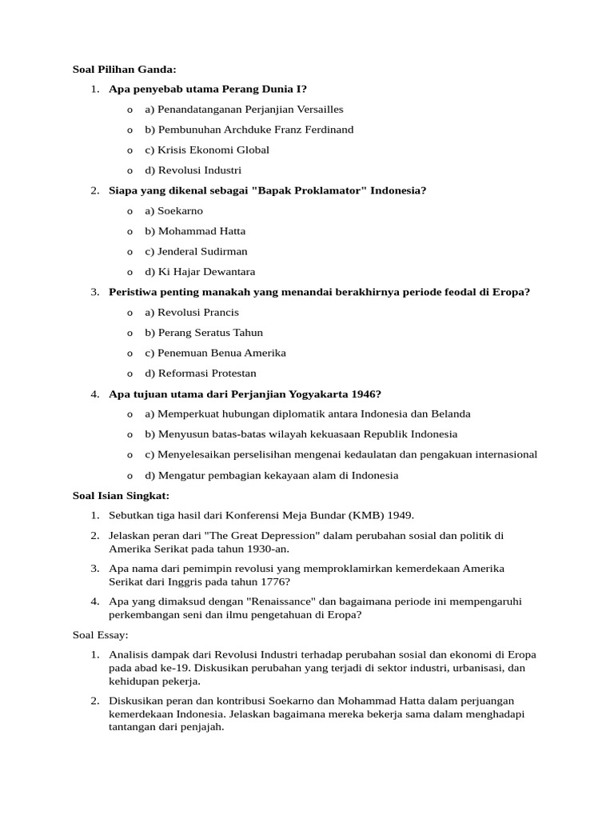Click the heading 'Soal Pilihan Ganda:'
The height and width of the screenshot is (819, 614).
click(x=124, y=70)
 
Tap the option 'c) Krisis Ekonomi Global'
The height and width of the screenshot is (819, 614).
click(x=207, y=150)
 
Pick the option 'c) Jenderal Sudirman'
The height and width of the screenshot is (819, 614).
click(x=196, y=251)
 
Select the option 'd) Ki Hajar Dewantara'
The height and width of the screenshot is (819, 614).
click(x=200, y=272)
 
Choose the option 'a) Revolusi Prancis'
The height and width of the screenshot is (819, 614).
click(x=192, y=312)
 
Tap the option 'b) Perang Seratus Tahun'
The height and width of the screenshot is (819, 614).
click(x=204, y=333)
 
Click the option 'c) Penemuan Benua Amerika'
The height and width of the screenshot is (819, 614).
click(x=215, y=353)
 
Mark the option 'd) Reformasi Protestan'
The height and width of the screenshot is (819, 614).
click(x=201, y=374)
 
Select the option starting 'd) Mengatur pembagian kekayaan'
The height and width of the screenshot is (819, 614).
click(x=271, y=475)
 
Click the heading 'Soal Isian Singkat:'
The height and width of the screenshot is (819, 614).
click(x=121, y=496)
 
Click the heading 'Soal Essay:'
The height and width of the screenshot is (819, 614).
click(x=100, y=635)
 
